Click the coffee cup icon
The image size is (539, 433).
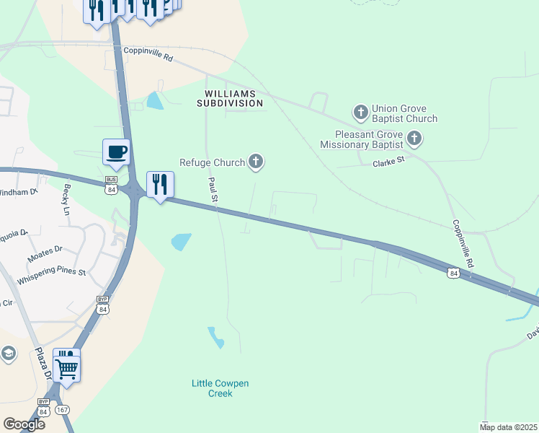(116, 152)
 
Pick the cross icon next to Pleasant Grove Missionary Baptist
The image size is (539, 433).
(414, 137)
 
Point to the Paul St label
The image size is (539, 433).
(213, 189)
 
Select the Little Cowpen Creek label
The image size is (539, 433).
(220, 388)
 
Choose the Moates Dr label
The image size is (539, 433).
(45, 253)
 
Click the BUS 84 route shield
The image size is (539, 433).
(111, 185)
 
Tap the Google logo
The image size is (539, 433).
(24, 424)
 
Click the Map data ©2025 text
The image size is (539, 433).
(507, 427)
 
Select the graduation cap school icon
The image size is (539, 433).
(7, 353)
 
